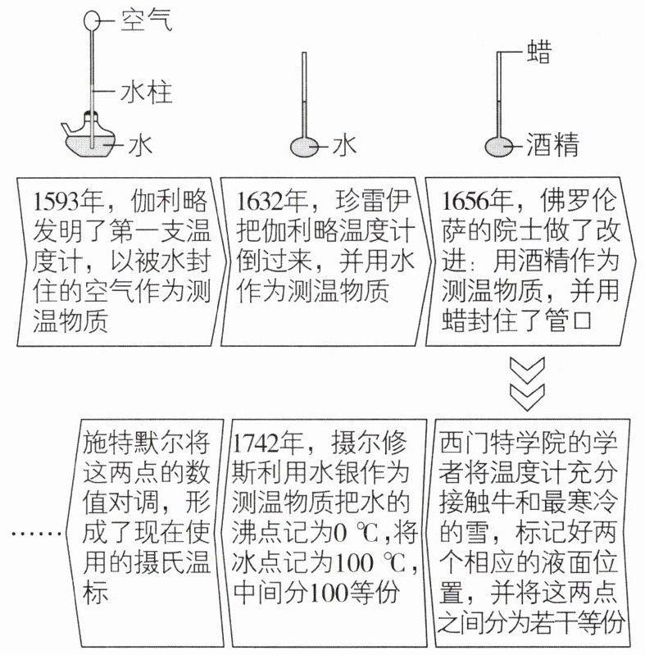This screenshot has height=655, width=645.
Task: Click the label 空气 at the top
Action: pyautogui.click(x=146, y=20)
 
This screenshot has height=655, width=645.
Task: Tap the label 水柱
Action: pyautogui.click(x=146, y=93)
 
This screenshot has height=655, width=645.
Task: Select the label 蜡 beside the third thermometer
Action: pyautogui.click(x=539, y=52)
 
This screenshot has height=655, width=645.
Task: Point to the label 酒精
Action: pyautogui.click(x=552, y=145)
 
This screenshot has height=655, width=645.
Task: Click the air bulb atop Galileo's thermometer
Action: pyautogui.click(x=92, y=20)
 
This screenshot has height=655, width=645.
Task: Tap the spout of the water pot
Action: pyautogui.click(x=68, y=129)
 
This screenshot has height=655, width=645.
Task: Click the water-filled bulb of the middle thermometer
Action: pyautogui.click(x=304, y=147)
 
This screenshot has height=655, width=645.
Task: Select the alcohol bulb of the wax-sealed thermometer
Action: pyautogui.click(x=499, y=147)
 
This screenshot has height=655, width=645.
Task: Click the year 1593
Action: pyautogui.click(x=57, y=202)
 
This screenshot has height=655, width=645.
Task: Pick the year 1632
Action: pyautogui.click(x=261, y=202)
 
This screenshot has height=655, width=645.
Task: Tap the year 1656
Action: pyautogui.click(x=466, y=202)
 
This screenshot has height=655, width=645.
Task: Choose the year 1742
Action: pyautogui.click(x=256, y=443)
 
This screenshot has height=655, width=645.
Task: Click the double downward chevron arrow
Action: pyautogui.click(x=528, y=383)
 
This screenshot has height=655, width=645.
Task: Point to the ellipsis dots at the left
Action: pyautogui.click(x=37, y=534)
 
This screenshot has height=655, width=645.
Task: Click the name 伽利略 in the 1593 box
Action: pyautogui.click(x=169, y=201)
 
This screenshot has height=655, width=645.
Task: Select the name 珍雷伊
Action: pyautogui.click(x=373, y=201)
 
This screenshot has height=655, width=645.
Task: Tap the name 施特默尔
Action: pyautogui.click(x=134, y=443)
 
